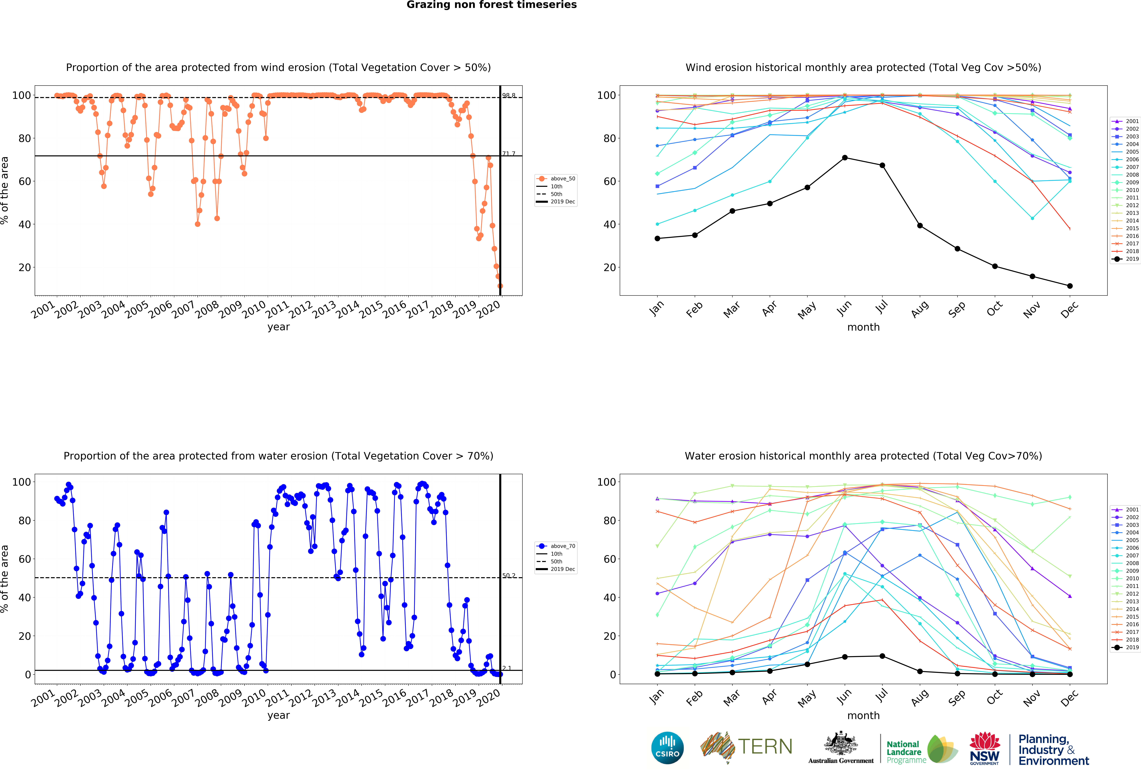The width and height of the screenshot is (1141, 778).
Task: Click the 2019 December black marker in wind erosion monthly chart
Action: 1070,286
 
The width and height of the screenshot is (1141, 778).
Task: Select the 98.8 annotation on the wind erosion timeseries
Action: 509,95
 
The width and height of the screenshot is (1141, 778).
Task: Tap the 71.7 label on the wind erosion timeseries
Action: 509,154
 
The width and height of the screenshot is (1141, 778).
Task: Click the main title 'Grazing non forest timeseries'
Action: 491,5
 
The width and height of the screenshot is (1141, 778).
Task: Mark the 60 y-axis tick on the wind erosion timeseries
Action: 25,181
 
